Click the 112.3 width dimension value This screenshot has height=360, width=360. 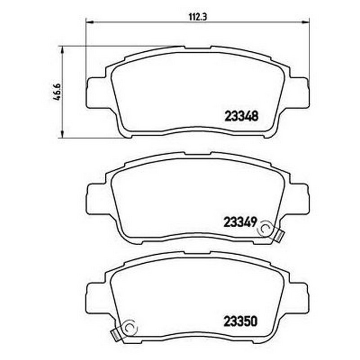click(x=198, y=17)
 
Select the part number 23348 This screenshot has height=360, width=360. click(x=242, y=116)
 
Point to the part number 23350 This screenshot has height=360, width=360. click(x=240, y=321)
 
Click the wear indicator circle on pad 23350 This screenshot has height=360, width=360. click(x=130, y=328)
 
